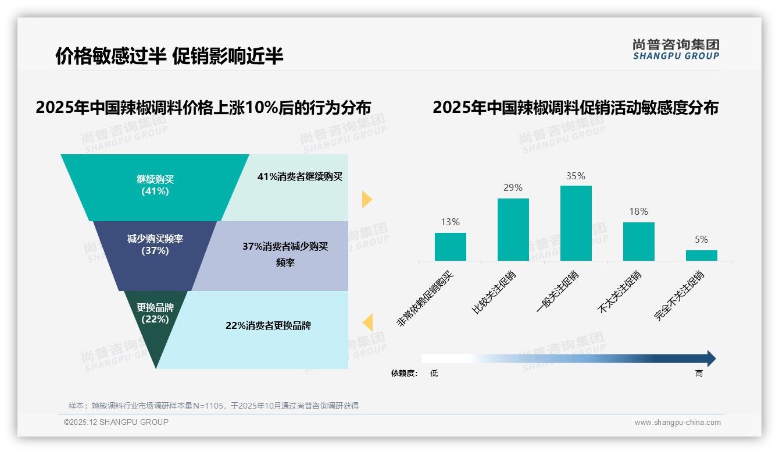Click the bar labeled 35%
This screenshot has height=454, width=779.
pos(576,223)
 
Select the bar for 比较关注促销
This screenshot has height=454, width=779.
pos(513,229)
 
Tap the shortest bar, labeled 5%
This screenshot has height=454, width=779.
pos(701,256)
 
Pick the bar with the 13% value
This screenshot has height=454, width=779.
pos(451,247)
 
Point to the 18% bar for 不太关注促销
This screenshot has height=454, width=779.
pos(638,241)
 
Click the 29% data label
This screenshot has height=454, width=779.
pos(513,187)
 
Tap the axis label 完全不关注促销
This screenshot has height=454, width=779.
pos(680,296)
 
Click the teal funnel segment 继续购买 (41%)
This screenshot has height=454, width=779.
pos(155,186)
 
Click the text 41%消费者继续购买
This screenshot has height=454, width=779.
pos(300,176)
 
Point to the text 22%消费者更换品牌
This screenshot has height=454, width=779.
pos(268,325)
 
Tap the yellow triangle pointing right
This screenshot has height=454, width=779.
pos(366,199)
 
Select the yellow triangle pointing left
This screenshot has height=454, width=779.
pos(367,322)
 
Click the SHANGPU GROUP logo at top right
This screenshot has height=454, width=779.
pos(676,49)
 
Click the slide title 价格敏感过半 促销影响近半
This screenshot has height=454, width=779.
pos(169,56)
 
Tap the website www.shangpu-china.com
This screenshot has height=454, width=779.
pos(677,423)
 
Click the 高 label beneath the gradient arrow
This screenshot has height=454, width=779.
pos(699,373)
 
